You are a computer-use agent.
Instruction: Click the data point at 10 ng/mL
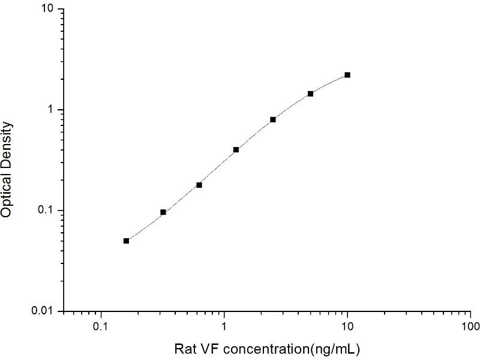click(347, 75)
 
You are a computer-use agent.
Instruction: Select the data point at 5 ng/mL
click(310, 94)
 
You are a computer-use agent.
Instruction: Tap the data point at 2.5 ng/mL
click(273, 119)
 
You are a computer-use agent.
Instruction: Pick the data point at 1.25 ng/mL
click(236, 149)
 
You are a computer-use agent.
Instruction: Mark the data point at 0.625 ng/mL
click(199, 185)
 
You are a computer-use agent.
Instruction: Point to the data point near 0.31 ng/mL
click(163, 212)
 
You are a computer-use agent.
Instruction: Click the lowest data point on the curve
click(126, 241)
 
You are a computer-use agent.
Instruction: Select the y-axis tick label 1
click(52, 110)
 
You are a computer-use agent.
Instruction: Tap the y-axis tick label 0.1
click(47, 211)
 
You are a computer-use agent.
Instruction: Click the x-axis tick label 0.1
click(101, 327)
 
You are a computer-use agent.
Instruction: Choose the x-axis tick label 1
click(224, 327)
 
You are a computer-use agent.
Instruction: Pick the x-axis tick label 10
click(347, 327)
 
